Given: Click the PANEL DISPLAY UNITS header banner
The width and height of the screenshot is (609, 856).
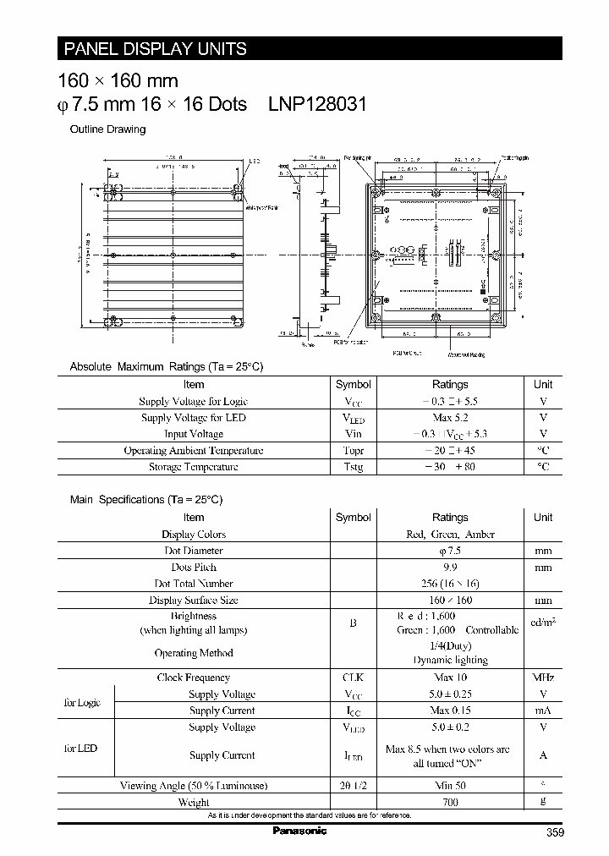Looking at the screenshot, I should point(154,49).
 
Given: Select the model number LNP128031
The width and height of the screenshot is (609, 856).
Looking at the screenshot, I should point(317,104).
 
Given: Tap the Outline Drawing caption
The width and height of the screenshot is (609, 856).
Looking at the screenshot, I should point(107,129).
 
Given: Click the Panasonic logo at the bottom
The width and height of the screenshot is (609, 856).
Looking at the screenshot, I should point(299,831).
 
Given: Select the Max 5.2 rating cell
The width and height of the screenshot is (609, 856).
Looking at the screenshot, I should point(450,418).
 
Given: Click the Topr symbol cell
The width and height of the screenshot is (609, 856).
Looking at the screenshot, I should point(353,451).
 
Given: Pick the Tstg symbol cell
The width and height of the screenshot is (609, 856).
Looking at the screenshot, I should point(353,467).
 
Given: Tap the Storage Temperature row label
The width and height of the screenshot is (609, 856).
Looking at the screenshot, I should point(194,467).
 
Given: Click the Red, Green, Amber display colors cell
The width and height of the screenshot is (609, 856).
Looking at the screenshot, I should point(450,535).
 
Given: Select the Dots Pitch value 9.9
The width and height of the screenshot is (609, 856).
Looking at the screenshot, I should point(450,568).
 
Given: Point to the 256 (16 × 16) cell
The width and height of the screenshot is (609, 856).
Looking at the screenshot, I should point(450,584).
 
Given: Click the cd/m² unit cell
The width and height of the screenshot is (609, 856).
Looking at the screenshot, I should point(543,623).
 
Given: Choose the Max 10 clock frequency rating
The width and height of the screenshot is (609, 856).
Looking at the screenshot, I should point(450,678).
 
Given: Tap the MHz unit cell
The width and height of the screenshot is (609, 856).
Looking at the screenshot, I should point(543,678).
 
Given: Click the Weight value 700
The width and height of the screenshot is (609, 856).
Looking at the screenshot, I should point(450,802).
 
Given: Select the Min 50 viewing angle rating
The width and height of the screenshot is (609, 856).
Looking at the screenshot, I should point(450,786).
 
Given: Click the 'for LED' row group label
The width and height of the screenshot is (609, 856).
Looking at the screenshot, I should point(81,749).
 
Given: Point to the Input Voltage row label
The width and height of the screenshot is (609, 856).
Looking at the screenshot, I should point(194,434).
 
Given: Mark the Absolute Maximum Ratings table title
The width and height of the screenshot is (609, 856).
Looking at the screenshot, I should point(167,366).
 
